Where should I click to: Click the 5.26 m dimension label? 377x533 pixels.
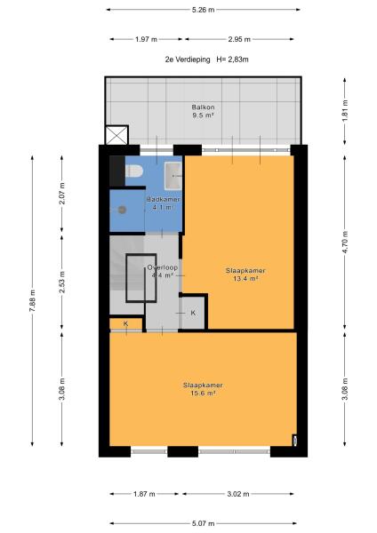click(203, 10)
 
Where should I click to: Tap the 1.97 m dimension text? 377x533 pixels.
click(146, 39)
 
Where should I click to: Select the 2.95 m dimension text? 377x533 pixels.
click(239, 39)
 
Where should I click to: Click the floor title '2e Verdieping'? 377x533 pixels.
click(188, 60)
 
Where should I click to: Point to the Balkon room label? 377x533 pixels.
click(203, 107)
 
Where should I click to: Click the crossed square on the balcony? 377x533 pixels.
click(116, 135)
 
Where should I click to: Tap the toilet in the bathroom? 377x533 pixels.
click(133, 171)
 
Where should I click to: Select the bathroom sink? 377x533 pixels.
click(173, 176)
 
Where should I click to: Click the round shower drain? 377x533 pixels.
click(122, 210)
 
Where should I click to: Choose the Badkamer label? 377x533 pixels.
click(164, 200)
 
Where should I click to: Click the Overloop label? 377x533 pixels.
click(163, 267)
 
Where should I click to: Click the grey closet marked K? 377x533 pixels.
click(193, 313)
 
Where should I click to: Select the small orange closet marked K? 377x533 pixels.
click(125, 324)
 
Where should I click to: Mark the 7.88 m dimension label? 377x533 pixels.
click(32, 301)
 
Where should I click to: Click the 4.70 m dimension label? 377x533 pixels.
click(345, 242)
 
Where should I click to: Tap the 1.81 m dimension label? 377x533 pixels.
click(345, 110)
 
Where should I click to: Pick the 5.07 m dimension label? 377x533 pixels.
click(203, 523)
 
